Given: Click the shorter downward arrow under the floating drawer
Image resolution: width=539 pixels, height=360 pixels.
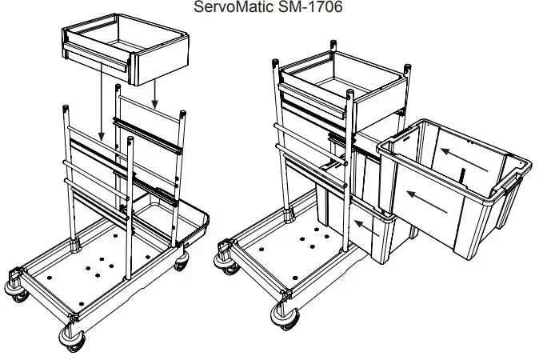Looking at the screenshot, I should (155, 94).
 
